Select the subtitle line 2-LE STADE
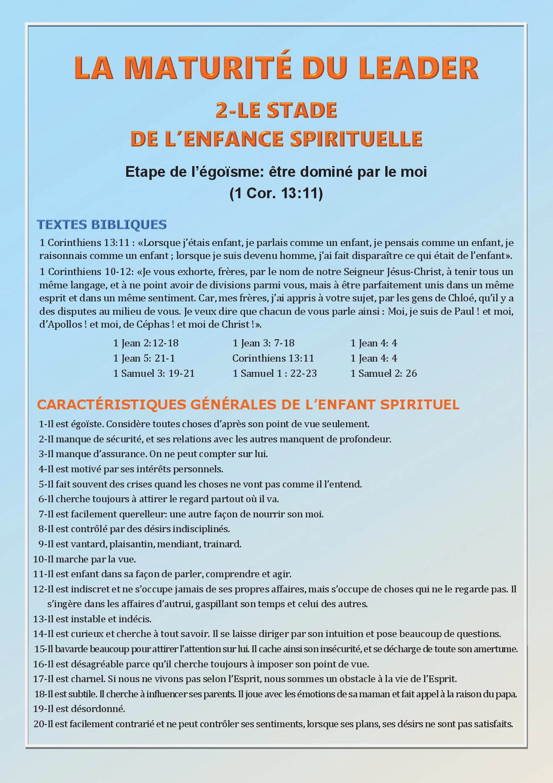(276, 110)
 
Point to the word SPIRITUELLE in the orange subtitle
(356, 139)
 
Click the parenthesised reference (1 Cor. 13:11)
(276, 193)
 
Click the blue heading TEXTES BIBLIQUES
(102, 224)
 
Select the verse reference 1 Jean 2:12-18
(146, 343)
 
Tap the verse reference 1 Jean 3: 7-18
(264, 343)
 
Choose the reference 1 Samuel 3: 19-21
(154, 373)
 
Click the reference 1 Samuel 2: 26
(384, 373)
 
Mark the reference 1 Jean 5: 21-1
(144, 358)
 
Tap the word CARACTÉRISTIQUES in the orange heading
(111, 404)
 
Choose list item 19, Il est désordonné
(79, 708)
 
